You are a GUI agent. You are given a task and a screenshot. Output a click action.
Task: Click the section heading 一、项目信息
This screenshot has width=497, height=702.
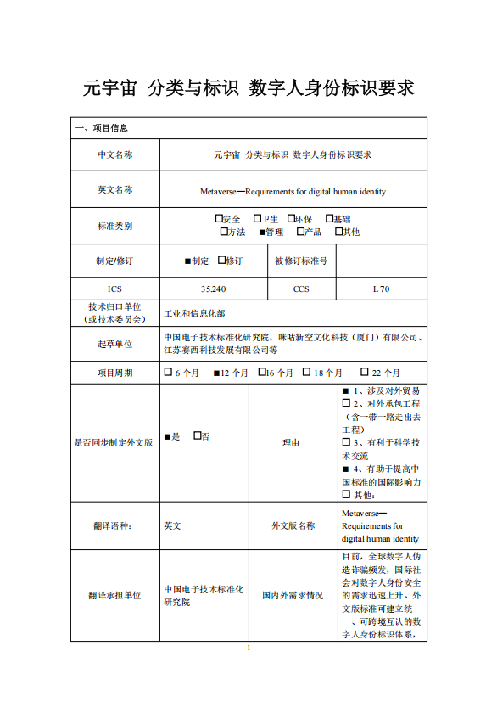tap(102, 128)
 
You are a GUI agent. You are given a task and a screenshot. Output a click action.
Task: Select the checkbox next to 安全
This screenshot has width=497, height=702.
tap(219, 219)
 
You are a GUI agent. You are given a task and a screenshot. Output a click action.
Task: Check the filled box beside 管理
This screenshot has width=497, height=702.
tap(261, 232)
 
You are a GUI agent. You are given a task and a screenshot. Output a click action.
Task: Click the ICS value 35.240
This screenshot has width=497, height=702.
tap(214, 289)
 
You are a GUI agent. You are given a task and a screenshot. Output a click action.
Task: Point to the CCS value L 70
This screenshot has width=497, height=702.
tap(381, 289)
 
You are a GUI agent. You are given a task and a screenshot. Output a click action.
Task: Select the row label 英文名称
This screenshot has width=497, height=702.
tap(114, 189)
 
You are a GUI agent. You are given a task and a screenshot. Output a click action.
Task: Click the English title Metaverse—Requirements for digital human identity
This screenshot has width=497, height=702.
tap(293, 191)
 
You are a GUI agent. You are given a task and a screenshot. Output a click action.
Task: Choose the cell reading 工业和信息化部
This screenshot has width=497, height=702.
tap(194, 313)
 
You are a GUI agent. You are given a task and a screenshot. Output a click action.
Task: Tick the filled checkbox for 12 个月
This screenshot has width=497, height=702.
tap(216, 373)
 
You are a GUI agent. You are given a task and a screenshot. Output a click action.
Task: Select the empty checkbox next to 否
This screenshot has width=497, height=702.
tap(197, 435)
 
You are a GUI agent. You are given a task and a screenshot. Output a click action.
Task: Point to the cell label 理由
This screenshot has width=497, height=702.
tap(293, 442)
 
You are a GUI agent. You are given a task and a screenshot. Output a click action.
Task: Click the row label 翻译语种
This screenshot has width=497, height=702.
tap(114, 525)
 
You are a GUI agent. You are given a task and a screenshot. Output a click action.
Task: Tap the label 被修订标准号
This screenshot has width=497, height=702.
tap(301, 261)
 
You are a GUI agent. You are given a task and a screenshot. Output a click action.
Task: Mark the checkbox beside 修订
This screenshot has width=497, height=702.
tap(222, 260)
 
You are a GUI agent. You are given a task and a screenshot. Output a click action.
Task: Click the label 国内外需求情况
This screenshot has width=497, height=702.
tap(293, 596)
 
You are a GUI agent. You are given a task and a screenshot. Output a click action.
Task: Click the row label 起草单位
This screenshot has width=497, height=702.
tap(114, 343)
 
